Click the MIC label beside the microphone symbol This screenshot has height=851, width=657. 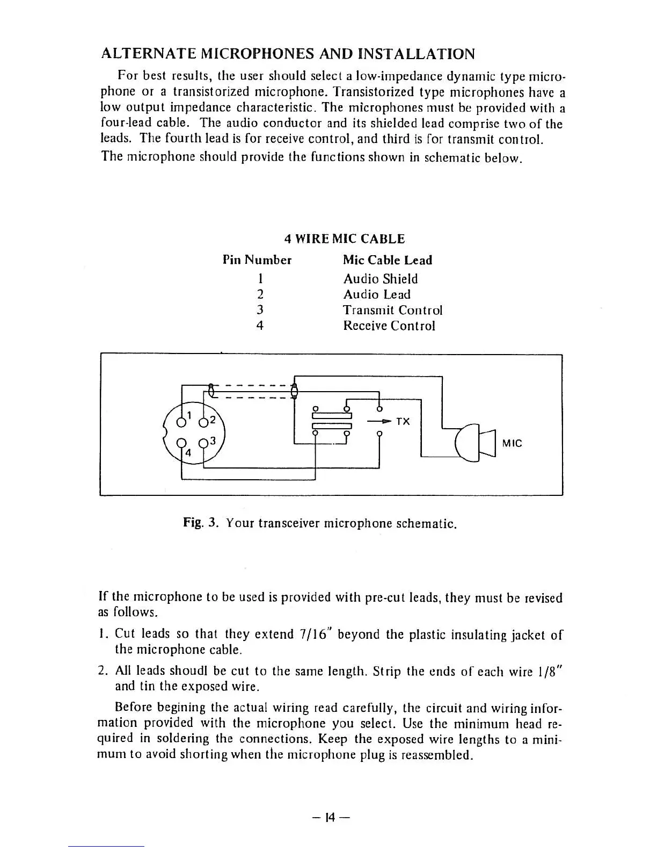(512, 443)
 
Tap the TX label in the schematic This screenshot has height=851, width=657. (403, 422)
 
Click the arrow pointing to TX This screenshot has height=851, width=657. (379, 422)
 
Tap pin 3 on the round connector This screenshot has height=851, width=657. (203, 444)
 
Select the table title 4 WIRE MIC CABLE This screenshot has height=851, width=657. (344, 239)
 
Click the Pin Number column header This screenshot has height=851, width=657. (257, 261)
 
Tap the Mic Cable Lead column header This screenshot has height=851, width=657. (388, 261)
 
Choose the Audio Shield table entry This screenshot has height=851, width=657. (380, 279)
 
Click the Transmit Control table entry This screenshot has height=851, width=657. (392, 310)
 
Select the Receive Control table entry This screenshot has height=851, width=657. (389, 326)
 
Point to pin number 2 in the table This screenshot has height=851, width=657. (260, 294)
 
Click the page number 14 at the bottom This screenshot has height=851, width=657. (330, 818)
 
